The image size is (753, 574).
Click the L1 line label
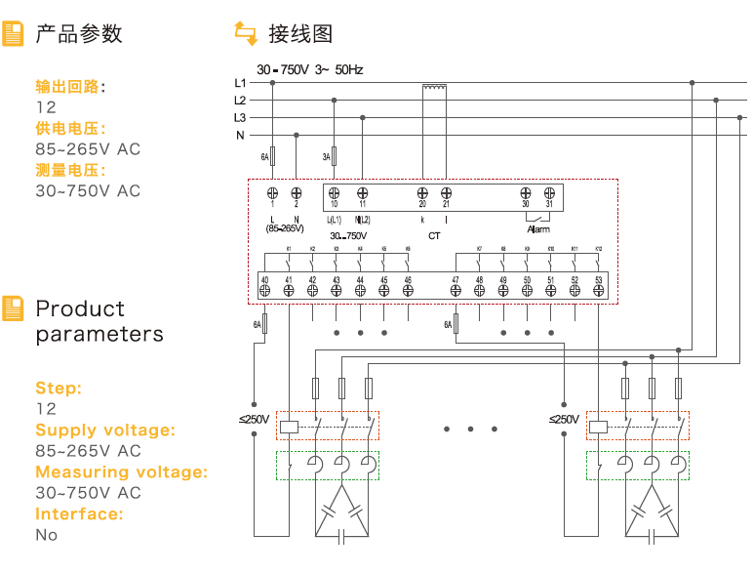click(240, 83)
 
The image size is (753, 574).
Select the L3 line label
click(240, 117)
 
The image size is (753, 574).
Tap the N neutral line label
click(240, 135)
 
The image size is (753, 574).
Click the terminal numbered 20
click(422, 194)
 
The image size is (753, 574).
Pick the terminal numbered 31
click(549, 194)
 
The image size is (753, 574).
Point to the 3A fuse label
click(327, 156)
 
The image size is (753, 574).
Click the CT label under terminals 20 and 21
click(434, 235)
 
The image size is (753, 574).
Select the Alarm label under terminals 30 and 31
click(538, 229)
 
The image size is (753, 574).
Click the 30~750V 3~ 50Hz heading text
click(309, 70)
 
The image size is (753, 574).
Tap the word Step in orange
click(58, 388)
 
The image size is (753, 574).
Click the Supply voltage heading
click(105, 430)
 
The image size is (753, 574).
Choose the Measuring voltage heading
click(122, 471)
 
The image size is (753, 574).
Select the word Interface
click(78, 513)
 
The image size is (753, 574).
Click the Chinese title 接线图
click(300, 34)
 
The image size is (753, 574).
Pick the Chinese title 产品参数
click(79, 34)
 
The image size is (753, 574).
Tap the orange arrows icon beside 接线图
click(245, 34)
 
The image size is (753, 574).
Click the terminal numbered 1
click(272, 194)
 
